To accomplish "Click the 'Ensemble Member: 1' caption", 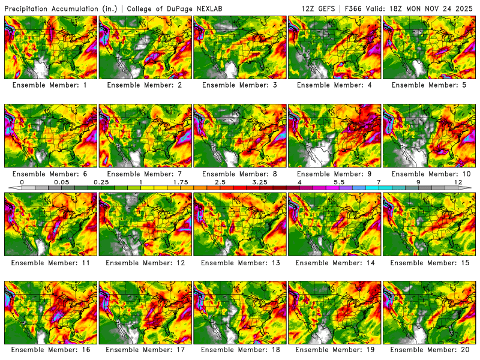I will (x=50, y=85).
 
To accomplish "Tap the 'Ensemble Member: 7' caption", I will (x=145, y=173).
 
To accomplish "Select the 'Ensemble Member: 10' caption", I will (x=430, y=173).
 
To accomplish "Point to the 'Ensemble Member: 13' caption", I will (x=240, y=262).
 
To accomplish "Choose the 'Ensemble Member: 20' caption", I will (x=430, y=349).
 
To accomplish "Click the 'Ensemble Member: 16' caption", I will (x=50, y=349).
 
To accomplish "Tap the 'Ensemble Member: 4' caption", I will (x=335, y=85).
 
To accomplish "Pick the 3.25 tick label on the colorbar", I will (x=260, y=182).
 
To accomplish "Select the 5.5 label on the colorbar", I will (x=339, y=182).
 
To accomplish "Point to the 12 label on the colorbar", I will (x=458, y=182).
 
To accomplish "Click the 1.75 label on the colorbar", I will (x=180, y=182).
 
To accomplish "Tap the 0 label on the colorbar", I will (x=22, y=182).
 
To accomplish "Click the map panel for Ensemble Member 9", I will (x=335, y=136).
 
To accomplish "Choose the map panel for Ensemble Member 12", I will (x=145, y=224).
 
